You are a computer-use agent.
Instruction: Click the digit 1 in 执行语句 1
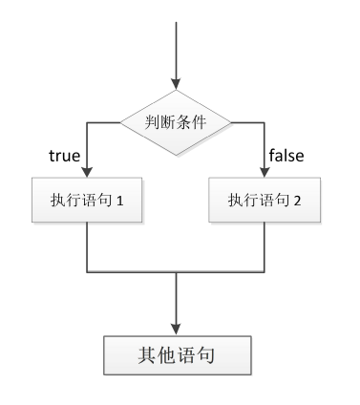click(122, 201)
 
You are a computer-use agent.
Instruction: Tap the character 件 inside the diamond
click(202, 122)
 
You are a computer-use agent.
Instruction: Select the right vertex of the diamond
click(232, 122)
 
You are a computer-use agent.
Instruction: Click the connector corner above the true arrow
click(87, 122)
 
